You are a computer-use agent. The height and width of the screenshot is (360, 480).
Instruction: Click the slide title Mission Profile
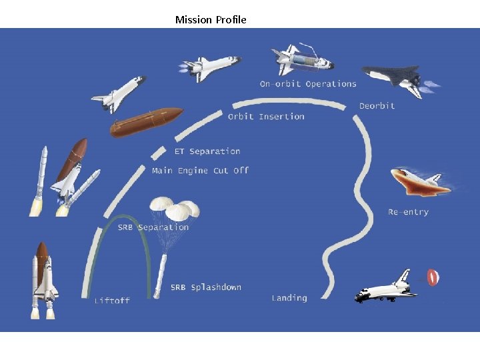coord(211,19)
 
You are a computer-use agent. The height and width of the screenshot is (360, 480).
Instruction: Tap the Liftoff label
coord(112,301)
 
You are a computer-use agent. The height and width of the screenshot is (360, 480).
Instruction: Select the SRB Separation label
coord(153,227)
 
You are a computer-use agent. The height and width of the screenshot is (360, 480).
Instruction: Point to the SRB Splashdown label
coord(205,287)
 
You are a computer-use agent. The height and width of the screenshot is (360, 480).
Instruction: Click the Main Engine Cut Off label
coord(200,171)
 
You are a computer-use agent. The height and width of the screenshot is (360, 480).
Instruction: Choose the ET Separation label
coord(207,151)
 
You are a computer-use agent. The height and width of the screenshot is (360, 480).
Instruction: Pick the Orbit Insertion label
coord(266,117)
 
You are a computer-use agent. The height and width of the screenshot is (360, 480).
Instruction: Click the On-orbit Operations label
coord(308,84)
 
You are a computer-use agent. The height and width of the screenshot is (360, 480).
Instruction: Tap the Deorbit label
coord(377,106)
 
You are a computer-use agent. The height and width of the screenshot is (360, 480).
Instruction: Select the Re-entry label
coord(408,212)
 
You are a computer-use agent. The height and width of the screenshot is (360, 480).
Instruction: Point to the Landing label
coord(289,298)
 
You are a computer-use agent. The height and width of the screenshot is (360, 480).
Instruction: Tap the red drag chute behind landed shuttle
coord(433,277)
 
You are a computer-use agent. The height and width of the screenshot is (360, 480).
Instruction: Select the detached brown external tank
coord(146,122)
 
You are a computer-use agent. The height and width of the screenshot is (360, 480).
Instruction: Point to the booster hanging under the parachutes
coord(161,273)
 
